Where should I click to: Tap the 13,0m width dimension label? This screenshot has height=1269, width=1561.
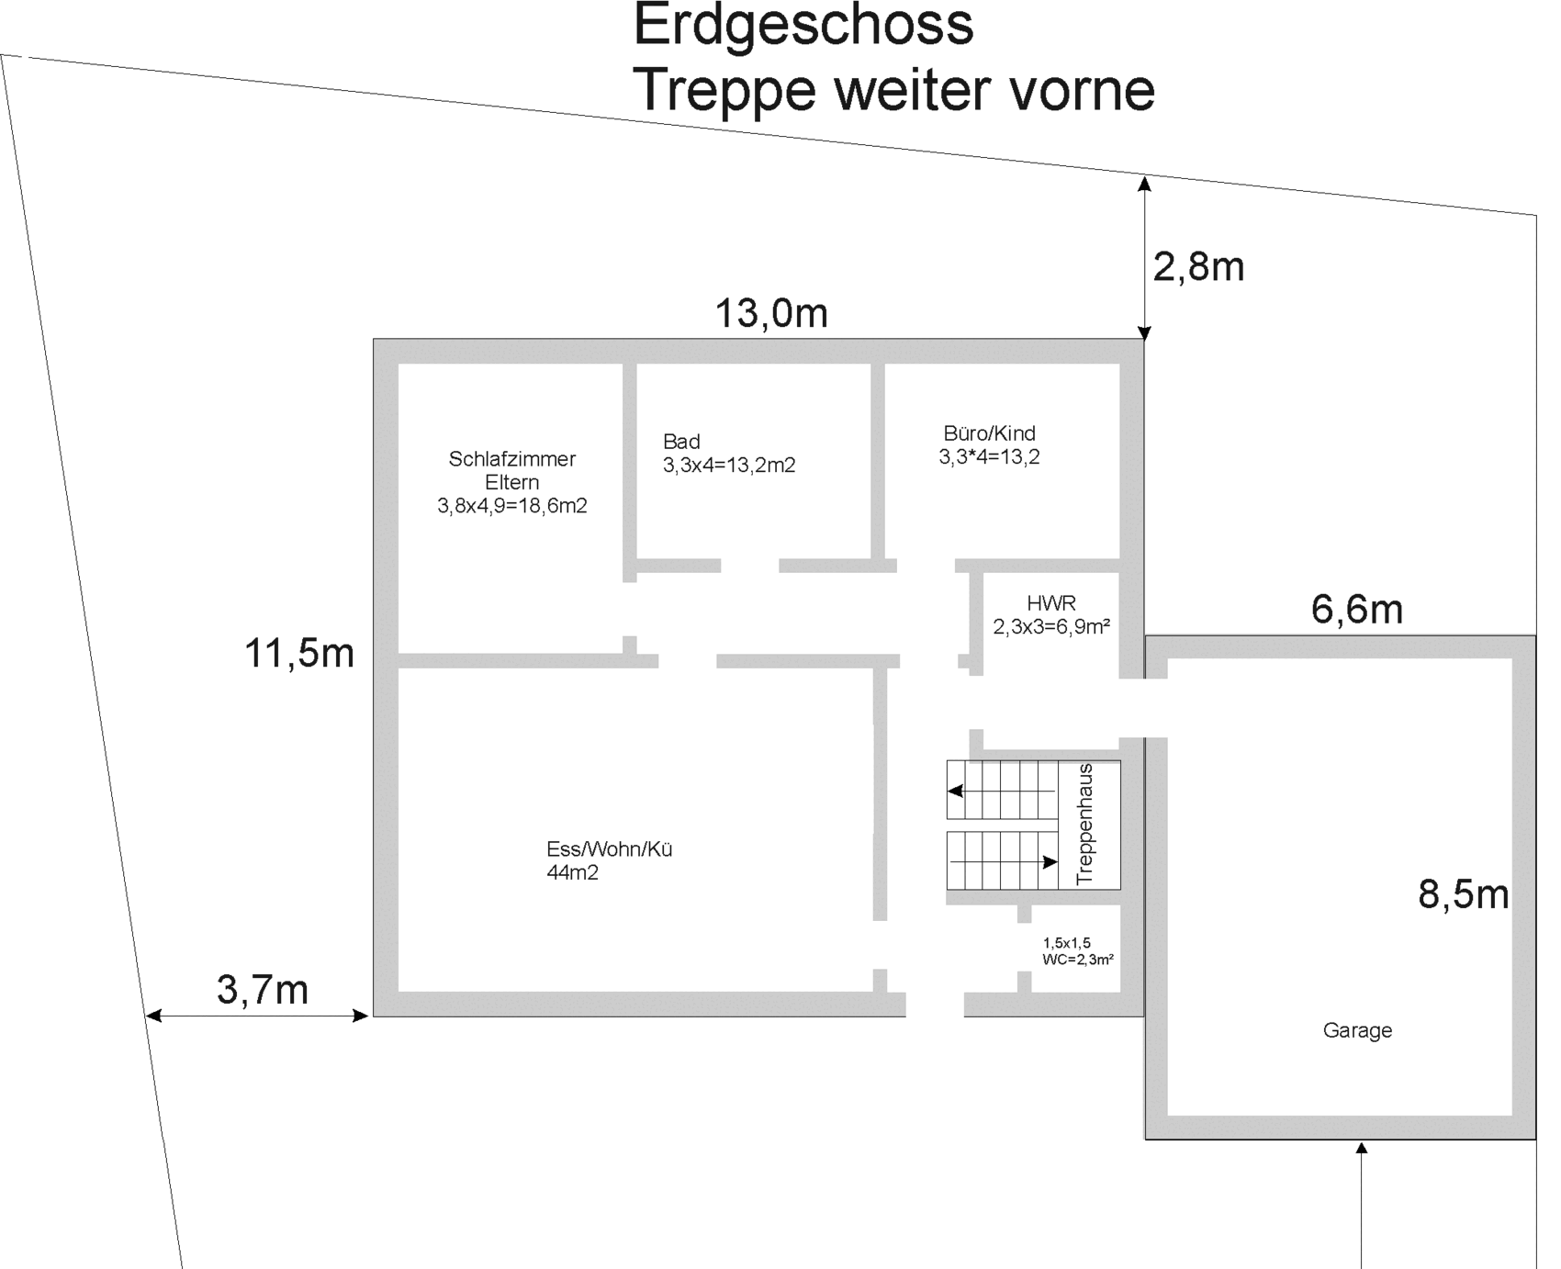[771, 313]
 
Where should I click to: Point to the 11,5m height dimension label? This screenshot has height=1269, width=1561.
[299, 654]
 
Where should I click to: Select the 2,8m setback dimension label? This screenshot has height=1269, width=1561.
[1198, 267]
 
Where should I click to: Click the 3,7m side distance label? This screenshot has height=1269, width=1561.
[263, 990]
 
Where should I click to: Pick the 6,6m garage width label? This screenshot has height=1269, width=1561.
[1357, 609]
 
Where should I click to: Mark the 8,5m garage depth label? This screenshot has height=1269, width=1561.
[1464, 893]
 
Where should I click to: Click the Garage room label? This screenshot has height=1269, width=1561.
[1357, 1031]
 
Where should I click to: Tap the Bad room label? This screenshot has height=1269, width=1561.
[681, 442]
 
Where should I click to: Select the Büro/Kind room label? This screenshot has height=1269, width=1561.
[989, 433]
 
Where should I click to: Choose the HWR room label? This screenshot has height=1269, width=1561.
[1051, 603]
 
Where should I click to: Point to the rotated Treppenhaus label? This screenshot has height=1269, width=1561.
[1085, 824]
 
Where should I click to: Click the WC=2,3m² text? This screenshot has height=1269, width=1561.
[1078, 960]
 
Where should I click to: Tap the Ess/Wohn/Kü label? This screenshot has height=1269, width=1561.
[610, 849]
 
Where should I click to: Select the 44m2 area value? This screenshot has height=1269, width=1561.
[572, 873]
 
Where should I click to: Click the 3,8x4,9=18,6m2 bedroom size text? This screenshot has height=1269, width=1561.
[512, 506]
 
